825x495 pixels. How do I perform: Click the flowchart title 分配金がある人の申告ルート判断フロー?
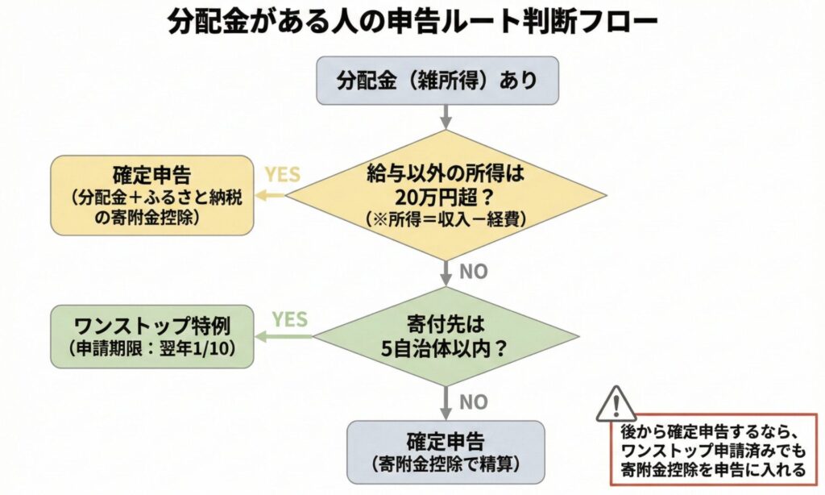coord(412,22)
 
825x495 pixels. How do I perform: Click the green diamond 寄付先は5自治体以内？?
coord(446,337)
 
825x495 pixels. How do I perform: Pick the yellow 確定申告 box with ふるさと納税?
coord(151,195)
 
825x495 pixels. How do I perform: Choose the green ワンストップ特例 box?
coord(151,336)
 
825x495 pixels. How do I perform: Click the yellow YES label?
coord(283,175)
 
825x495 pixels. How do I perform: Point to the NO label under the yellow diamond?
coord(474,272)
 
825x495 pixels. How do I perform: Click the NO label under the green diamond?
coord(474,401)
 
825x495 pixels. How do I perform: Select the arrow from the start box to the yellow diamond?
coord(446,118)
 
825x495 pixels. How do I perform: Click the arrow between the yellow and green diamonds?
coord(446,274)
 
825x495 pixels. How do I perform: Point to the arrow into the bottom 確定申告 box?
coord(446,403)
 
